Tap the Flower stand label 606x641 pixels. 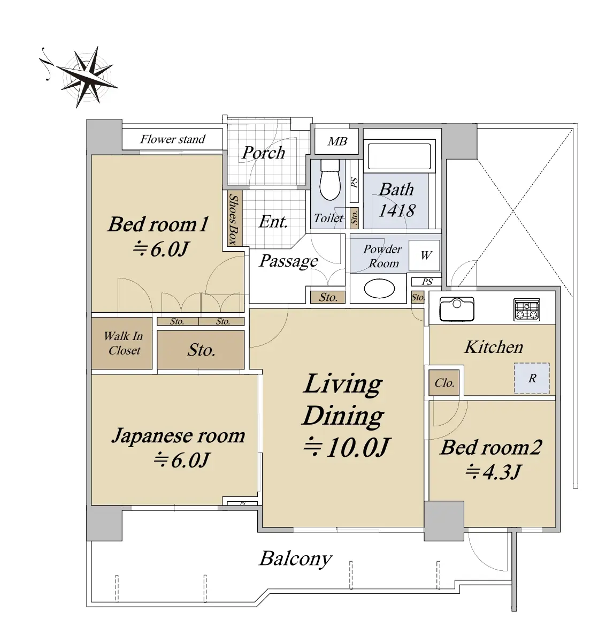(173, 139)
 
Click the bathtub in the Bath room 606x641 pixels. (400, 155)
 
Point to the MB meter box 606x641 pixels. (337, 141)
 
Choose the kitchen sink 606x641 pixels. (457, 308)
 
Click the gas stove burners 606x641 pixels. (526, 310)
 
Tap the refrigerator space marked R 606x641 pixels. (532, 378)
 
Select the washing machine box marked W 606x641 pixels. (425, 255)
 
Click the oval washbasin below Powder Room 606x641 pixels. (379, 289)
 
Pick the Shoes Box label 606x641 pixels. (233, 219)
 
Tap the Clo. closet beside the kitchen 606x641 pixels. (444, 383)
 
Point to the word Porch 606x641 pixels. (263, 153)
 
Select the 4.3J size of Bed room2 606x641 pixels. (493, 472)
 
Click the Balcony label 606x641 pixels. (296, 559)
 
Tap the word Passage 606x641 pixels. (289, 261)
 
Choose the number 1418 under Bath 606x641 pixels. (397, 210)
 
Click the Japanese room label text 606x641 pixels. (179, 436)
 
